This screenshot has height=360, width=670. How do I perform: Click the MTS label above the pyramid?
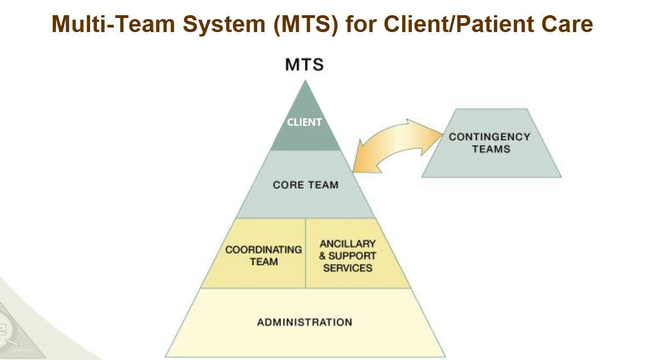click(304, 65)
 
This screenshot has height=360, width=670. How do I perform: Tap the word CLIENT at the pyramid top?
click(304, 122)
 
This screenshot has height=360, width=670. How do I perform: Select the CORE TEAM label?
click(305, 185)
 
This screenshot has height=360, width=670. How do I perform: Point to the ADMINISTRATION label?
click(305, 322)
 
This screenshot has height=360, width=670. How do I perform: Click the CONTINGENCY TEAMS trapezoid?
click(492, 143)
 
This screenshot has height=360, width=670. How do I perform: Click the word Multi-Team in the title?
click(113, 24)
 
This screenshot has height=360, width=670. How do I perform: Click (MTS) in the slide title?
click(305, 25)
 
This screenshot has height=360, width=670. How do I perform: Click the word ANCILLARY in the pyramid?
click(348, 244)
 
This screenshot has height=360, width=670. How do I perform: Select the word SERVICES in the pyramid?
click(348, 268)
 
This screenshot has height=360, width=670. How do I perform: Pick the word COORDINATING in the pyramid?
click(264, 249)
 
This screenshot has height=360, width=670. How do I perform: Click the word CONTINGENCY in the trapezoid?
click(489, 137)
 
